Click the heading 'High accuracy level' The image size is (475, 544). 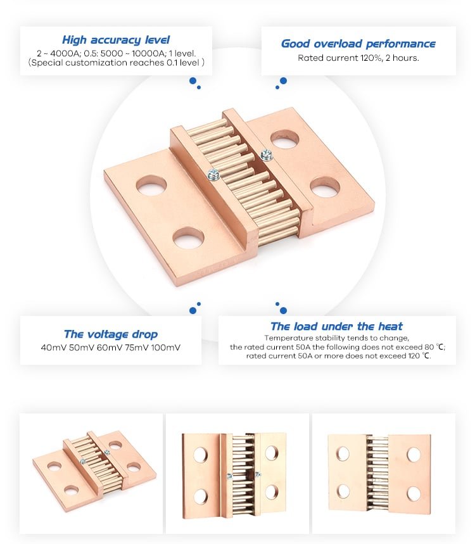coord(116,40)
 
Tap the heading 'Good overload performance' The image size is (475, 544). coord(358,44)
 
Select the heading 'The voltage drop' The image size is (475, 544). coord(111,334)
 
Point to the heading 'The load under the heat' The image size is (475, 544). coord(336,326)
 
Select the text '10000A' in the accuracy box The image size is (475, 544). coord(148,53)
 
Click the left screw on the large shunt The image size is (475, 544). coord(213,174)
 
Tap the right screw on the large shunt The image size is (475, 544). coord(266,155)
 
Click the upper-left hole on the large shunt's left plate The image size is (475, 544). coord(151,185)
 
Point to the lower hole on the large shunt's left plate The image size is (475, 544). coord(187,238)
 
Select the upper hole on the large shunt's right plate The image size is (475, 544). coord(284,139)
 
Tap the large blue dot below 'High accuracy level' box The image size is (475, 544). coord(193,81)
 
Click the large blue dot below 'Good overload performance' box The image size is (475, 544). coord(283,81)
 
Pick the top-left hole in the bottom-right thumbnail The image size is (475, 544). coord(343,454)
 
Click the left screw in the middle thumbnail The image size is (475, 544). coord(229,476)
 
